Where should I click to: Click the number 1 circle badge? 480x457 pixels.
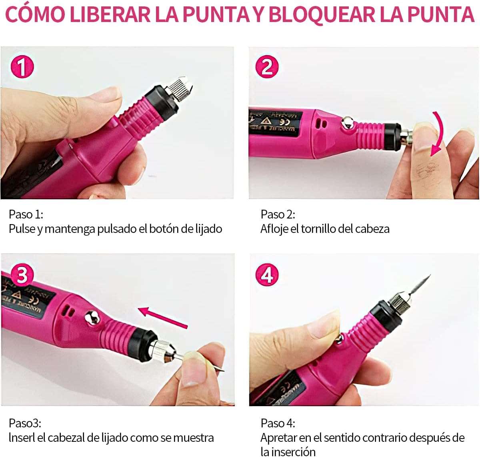point(22,67)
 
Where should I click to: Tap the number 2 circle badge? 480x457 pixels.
point(267,67)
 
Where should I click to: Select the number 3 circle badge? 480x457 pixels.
point(22,275)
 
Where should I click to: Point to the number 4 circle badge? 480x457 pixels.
point(267,275)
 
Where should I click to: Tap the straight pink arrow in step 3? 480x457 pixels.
point(162,317)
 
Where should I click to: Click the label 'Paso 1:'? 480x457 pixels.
point(26,214)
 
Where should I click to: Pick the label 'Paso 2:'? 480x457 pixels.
point(278,214)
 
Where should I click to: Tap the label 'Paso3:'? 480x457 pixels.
point(25,423)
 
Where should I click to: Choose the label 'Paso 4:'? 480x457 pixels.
point(278,423)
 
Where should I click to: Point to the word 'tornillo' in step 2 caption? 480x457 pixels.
point(325,228)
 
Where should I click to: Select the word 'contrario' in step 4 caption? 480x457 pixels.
point(382,438)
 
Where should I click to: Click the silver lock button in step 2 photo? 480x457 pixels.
point(348,123)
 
